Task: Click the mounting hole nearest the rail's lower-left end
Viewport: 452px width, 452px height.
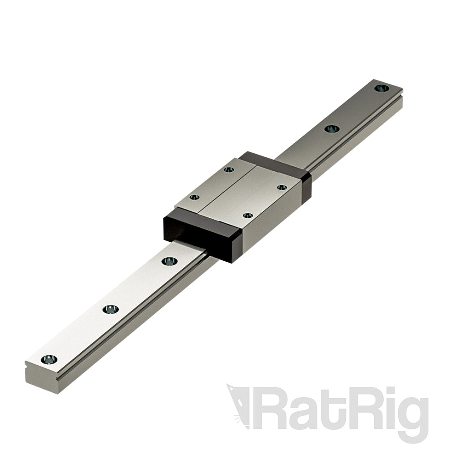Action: tap(49, 359)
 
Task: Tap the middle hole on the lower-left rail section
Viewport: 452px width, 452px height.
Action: tap(110, 309)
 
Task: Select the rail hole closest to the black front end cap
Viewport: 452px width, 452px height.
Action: tap(169, 261)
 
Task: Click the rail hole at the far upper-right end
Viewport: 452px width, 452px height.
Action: tap(381, 88)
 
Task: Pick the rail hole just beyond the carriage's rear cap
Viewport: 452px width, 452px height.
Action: tap(331, 129)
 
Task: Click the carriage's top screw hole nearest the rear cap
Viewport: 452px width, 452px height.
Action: tap(229, 169)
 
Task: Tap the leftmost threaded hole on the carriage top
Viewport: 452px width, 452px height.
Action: tap(195, 198)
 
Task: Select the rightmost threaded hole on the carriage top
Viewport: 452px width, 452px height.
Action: tap(282, 187)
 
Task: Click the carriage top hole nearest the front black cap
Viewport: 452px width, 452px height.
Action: tap(247, 216)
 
